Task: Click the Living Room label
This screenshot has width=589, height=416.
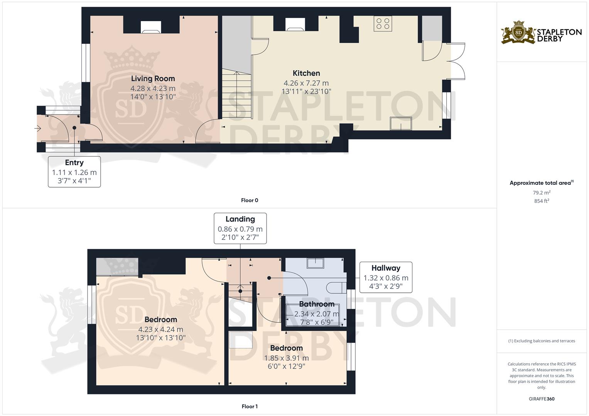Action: click(153, 79)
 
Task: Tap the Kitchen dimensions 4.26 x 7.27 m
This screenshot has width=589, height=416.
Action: click(306, 83)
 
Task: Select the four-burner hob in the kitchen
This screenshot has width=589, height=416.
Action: click(383, 23)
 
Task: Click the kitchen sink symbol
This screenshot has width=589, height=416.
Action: click(401, 124)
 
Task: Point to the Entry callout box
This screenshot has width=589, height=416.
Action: click(74, 171)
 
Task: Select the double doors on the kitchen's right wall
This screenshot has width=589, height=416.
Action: click(456, 62)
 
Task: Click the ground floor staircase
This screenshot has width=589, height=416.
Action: click(236, 95)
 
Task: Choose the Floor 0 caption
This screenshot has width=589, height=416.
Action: click(250, 200)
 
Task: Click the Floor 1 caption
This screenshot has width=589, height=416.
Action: click(250, 406)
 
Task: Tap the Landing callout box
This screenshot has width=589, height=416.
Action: click(240, 228)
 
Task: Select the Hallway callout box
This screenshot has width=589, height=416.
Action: click(386, 277)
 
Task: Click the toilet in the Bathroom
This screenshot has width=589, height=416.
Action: click(335, 287)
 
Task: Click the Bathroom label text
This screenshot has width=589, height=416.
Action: click(317, 304)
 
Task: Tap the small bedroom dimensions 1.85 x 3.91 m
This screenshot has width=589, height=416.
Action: click(286, 358)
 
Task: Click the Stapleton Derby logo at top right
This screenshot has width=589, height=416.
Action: click(541, 32)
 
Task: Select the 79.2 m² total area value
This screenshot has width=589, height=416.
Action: click(542, 193)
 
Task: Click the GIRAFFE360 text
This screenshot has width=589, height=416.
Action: click(542, 399)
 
